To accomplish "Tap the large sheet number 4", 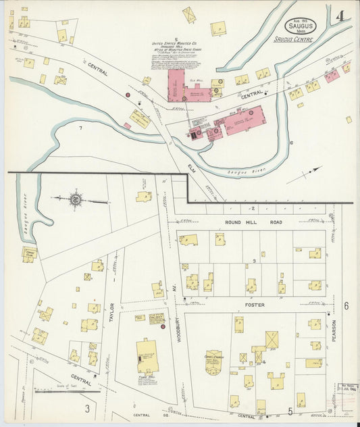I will [x=340, y=16].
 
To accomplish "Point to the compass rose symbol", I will [x=76, y=199].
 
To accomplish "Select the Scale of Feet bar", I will [x=74, y=391].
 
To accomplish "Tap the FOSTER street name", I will [x=251, y=305].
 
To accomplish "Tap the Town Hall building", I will [x=147, y=356].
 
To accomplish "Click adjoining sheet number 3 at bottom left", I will [x=86, y=408].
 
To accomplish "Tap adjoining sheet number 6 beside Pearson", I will [x=346, y=305].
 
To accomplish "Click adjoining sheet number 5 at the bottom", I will [x=290, y=410].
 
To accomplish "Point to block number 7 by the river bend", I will [x=80, y=127].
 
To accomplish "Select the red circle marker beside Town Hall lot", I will [x=163, y=326].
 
